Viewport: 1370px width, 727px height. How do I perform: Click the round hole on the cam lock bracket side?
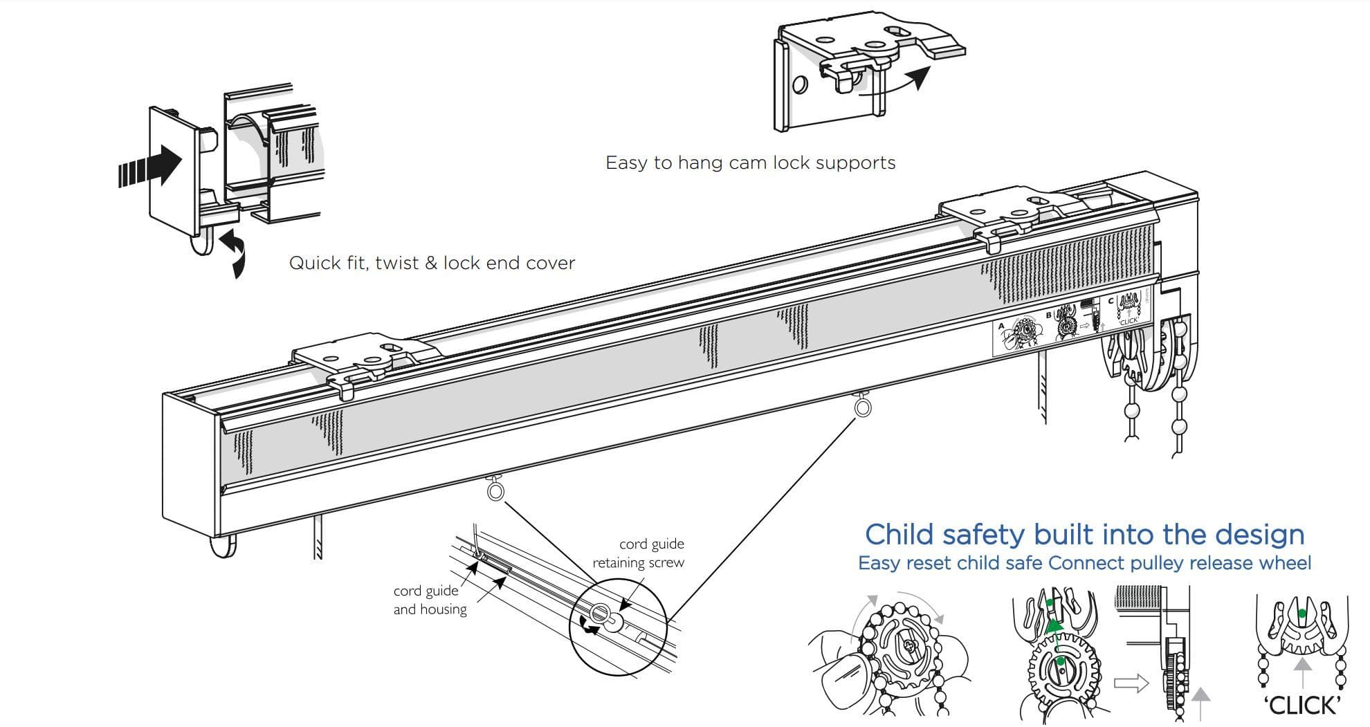point(800,85)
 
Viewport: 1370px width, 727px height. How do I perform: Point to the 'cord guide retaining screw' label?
point(638,553)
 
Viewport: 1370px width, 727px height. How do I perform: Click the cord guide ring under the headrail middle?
point(496,490)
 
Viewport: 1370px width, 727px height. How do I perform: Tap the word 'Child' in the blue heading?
point(899,535)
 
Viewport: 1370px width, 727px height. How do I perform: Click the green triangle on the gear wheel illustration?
point(1054,627)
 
